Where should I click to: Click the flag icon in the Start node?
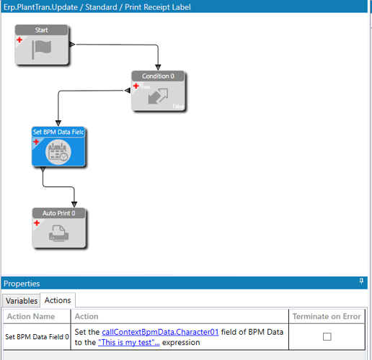42,50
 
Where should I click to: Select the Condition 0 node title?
158,76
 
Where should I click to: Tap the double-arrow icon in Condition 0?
158,96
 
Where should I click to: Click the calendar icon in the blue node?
58,152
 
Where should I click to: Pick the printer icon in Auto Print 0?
59,233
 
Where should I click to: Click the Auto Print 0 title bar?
59,213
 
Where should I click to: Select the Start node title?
42,30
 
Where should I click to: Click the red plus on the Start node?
19,40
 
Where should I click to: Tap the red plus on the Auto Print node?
37,223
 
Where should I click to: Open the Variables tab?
22,301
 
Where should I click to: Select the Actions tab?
58,300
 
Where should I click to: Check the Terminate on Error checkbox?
327,336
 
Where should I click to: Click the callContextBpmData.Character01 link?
160,332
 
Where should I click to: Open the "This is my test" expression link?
129,342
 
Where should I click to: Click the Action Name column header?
31,316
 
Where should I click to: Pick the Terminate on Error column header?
327,316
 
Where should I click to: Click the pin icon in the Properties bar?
361,281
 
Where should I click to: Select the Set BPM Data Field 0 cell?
37,337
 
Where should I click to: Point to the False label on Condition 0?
178,107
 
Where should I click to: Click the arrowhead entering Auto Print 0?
74,204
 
